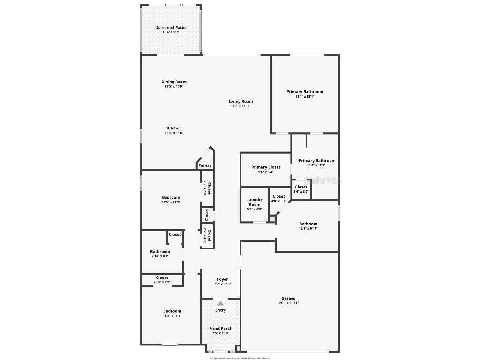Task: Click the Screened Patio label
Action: [171, 28]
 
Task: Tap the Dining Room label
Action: [174, 82]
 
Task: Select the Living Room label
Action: [241, 101]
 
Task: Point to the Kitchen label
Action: [174, 128]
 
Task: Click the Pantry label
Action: [205, 165]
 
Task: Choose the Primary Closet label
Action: [266, 167]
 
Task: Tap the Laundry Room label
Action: [255, 202]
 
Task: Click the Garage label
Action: [288, 298]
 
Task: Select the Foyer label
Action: [222, 279]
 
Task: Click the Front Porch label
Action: [220, 328]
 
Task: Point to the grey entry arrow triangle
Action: [220, 303]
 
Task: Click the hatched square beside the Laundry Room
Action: [272, 218]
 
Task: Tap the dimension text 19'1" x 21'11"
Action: [288, 303]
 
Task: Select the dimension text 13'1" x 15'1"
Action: [305, 97]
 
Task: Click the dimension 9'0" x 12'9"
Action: [317, 165]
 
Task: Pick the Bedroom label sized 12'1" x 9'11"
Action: [308, 224]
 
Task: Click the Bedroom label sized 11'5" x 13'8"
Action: [172, 311]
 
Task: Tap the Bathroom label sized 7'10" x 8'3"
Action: [160, 252]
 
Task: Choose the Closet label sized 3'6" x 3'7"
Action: [301, 187]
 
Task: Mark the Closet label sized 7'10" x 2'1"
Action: [162, 277]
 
